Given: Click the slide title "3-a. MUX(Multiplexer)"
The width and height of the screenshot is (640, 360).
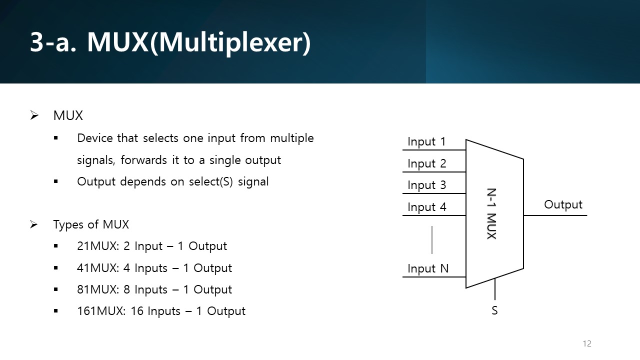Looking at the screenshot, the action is pyautogui.click(x=170, y=43).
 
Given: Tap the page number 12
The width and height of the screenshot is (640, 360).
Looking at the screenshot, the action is pyautogui.click(x=587, y=343).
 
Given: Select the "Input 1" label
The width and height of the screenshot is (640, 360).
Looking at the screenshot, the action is pyautogui.click(x=426, y=142).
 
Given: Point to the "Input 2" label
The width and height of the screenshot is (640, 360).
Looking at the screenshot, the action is pyautogui.click(x=426, y=163).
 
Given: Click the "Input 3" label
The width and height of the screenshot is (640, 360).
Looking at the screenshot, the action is pyautogui.click(x=426, y=185).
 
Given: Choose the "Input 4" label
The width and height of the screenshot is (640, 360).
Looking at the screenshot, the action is pyautogui.click(x=426, y=207).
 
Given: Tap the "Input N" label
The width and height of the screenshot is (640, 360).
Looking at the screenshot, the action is pyautogui.click(x=428, y=268).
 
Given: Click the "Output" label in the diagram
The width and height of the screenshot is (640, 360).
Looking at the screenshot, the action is pyautogui.click(x=563, y=204).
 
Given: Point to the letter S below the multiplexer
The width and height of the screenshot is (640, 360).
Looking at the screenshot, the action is pyautogui.click(x=494, y=310).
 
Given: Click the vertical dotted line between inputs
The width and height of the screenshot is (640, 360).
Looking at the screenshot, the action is pyautogui.click(x=431, y=240).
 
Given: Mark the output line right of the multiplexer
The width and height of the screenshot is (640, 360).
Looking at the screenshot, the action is pyautogui.click(x=555, y=215).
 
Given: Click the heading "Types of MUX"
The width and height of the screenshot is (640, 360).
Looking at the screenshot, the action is pyautogui.click(x=91, y=224).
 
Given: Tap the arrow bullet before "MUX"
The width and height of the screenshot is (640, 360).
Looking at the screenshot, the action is pyautogui.click(x=34, y=115).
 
